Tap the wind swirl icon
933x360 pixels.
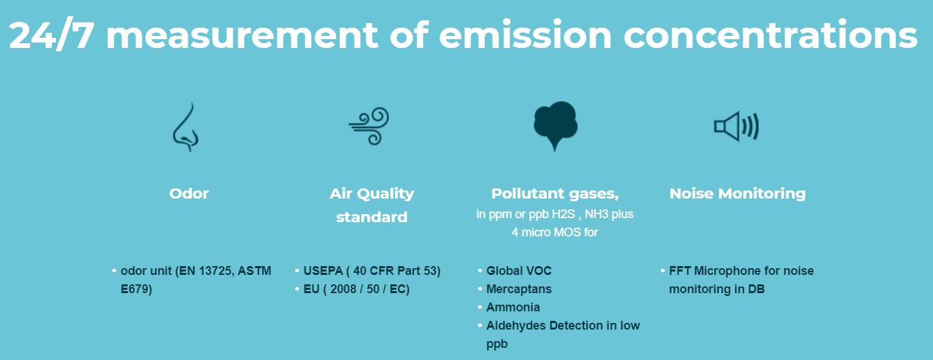pyautogui.click(x=369, y=126)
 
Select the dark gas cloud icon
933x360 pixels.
pyautogui.click(x=555, y=125)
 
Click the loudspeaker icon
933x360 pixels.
pyautogui.click(x=737, y=126)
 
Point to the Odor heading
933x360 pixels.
pyautogui.click(x=188, y=193)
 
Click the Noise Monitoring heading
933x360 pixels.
pyautogui.click(x=737, y=193)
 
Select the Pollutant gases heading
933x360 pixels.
pyautogui.click(x=555, y=194)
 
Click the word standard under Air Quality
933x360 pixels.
pyautogui.click(x=371, y=217)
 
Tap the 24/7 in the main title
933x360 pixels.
pyautogui.click(x=51, y=35)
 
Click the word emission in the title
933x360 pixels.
pyautogui.click(x=525, y=35)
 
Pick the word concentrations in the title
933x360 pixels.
pyautogui.click(x=770, y=35)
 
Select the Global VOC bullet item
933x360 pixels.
pyautogui.click(x=518, y=271)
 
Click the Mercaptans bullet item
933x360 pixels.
pyautogui.click(x=518, y=289)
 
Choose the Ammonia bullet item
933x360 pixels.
pyautogui.click(x=512, y=307)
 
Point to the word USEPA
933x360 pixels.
pyautogui.click(x=323, y=271)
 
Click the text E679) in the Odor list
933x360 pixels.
pyautogui.click(x=136, y=289)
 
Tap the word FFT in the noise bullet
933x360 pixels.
pyautogui.click(x=680, y=271)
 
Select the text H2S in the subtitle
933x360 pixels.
pyautogui.click(x=563, y=214)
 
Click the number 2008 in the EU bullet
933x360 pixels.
pyautogui.click(x=343, y=289)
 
